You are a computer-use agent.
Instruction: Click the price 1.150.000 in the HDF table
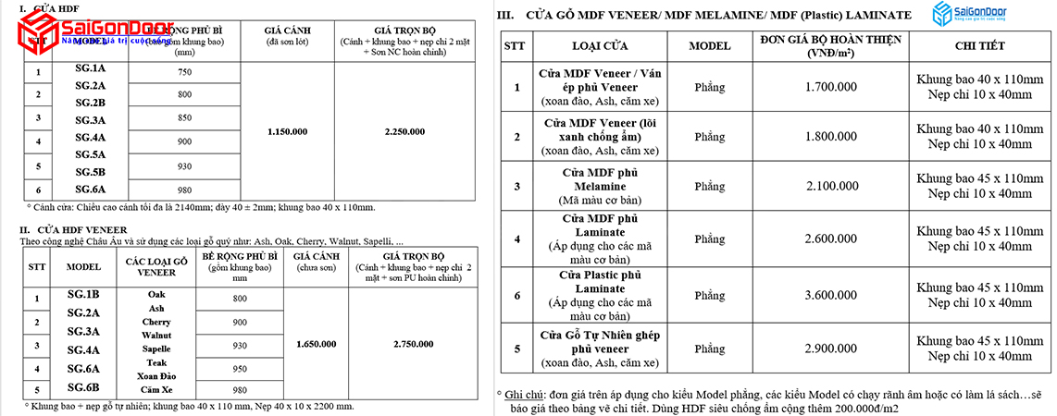[287, 132]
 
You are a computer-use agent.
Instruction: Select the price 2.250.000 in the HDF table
[404, 132]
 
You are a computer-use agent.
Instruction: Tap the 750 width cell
[184, 72]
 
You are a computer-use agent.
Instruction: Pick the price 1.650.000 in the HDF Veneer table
[316, 344]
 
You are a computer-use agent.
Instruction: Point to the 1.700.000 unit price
[828, 88]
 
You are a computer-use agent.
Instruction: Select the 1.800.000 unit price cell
[828, 137]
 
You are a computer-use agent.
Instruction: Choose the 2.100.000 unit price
[828, 187]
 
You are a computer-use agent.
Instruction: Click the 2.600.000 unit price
[828, 239]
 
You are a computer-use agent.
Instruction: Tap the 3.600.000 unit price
[828, 296]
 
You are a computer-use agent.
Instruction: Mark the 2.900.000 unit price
[828, 349]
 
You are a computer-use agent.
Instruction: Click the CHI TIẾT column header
[979, 46]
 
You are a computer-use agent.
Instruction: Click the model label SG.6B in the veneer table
[84, 386]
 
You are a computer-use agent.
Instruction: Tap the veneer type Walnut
[155, 335]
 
